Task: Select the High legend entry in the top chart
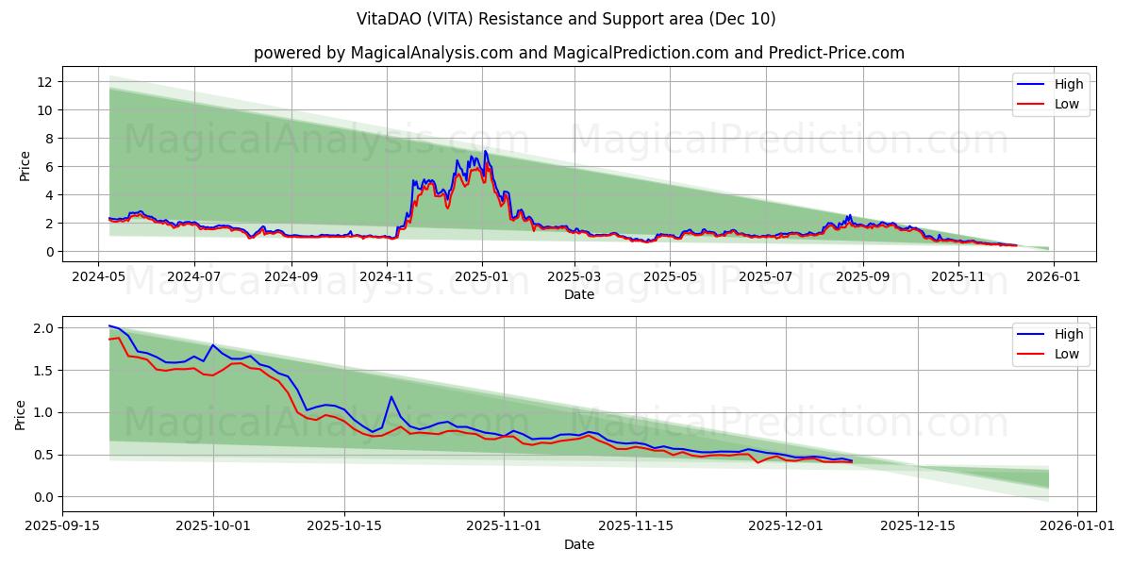pos(1069,84)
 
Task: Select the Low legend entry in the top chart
pos(1067,104)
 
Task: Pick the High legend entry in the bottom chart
pos(1069,334)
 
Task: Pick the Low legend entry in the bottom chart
pos(1067,354)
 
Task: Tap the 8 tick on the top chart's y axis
pos(49,139)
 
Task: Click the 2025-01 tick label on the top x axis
pos(481,277)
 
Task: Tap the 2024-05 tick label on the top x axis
pos(99,277)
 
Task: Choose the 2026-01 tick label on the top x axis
pos(1053,277)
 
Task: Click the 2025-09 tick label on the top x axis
pos(862,277)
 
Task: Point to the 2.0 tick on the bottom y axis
pos(42,328)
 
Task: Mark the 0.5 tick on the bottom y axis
pos(42,455)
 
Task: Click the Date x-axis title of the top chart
pos(578,294)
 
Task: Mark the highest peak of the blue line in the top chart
pos(485,151)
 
